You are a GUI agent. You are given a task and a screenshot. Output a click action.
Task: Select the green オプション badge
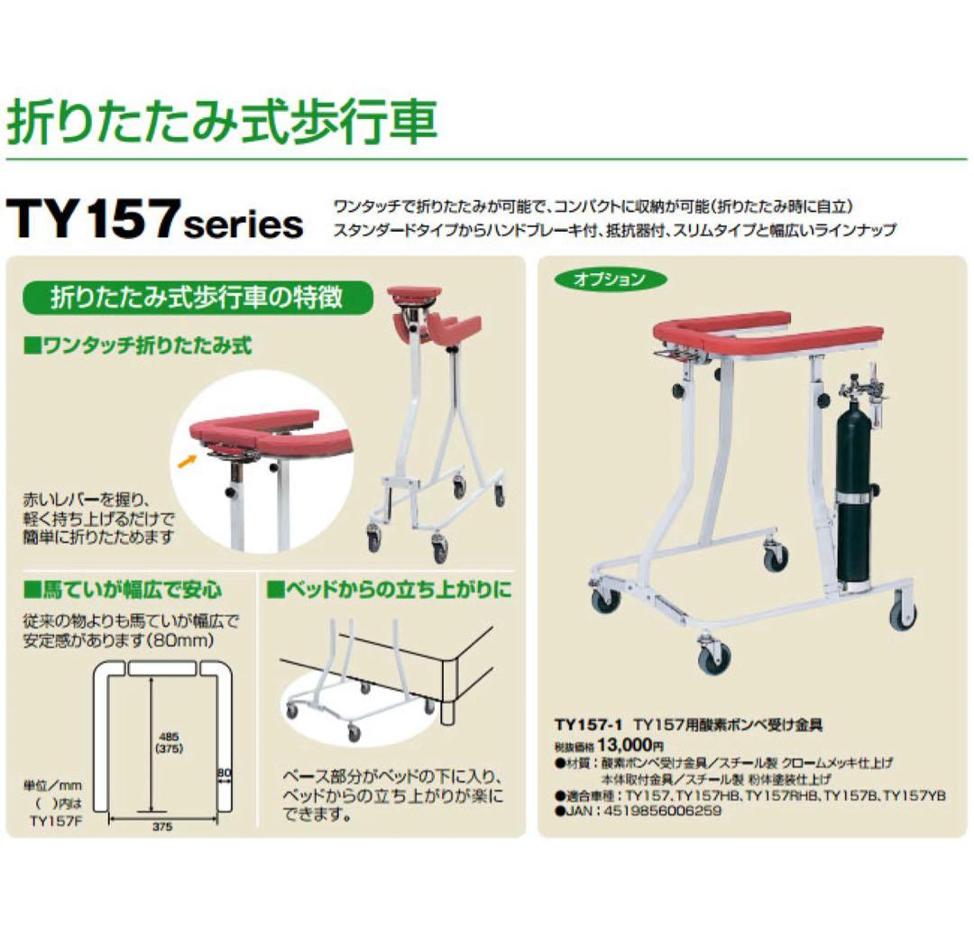click(610, 280)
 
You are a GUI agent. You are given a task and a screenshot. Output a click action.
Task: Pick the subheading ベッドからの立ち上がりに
click(389, 592)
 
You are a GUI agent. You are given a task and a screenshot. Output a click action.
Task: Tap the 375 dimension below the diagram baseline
click(163, 825)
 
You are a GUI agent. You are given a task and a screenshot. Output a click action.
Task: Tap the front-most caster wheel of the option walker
click(714, 658)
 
